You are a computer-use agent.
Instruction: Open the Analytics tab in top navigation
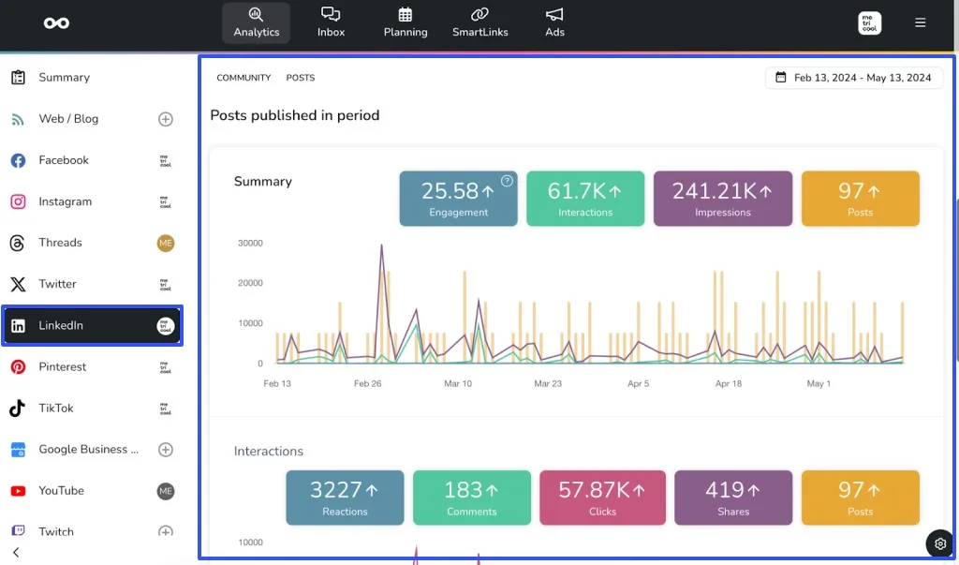(x=257, y=22)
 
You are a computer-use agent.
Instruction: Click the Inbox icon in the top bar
(x=331, y=22)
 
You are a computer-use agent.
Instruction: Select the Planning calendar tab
(x=405, y=22)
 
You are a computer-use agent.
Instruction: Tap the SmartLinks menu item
(x=479, y=22)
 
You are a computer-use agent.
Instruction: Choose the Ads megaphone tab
(x=554, y=22)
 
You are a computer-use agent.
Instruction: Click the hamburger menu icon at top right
(x=920, y=22)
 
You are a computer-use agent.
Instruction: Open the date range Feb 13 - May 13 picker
(x=853, y=78)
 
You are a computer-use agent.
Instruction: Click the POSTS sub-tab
(x=300, y=78)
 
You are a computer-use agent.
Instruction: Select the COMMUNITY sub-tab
(x=243, y=78)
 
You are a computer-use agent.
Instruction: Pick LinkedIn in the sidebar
(x=92, y=325)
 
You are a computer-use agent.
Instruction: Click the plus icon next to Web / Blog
(x=166, y=119)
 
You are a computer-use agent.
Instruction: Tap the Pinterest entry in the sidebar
(x=62, y=366)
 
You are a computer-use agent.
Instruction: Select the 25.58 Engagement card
(x=458, y=199)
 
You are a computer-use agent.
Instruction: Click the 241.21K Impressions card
(x=722, y=199)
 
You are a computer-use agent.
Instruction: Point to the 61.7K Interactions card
(x=585, y=199)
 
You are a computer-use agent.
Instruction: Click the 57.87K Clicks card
(x=602, y=498)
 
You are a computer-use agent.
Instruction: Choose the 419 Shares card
(x=732, y=498)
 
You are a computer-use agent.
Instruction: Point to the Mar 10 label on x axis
(x=458, y=383)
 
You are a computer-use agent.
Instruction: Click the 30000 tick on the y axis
(x=249, y=243)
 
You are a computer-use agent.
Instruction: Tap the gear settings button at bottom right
(x=940, y=543)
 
